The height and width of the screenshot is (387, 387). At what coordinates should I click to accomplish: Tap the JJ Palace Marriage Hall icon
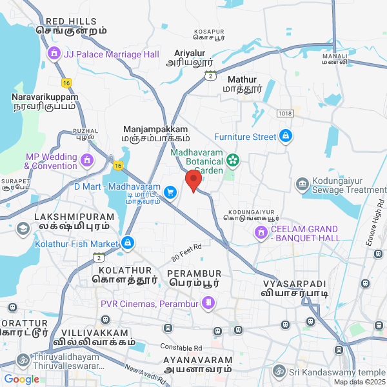[x=54, y=54]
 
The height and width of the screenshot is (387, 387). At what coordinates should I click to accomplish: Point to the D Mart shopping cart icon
[x=170, y=192]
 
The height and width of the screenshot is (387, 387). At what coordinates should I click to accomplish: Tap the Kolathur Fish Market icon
[x=128, y=243]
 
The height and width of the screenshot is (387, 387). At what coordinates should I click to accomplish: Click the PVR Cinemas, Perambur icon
[x=208, y=302]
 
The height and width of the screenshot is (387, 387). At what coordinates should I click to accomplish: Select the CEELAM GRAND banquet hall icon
[x=261, y=232]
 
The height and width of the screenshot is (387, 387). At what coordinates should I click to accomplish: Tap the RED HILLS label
[x=72, y=21]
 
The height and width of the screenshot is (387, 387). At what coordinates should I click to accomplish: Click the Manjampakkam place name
[x=155, y=129]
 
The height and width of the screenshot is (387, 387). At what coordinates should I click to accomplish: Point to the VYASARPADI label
[x=295, y=284]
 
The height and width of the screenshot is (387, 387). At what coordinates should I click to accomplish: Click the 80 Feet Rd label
[x=187, y=251]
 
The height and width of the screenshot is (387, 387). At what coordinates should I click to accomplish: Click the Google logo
[x=21, y=379]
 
